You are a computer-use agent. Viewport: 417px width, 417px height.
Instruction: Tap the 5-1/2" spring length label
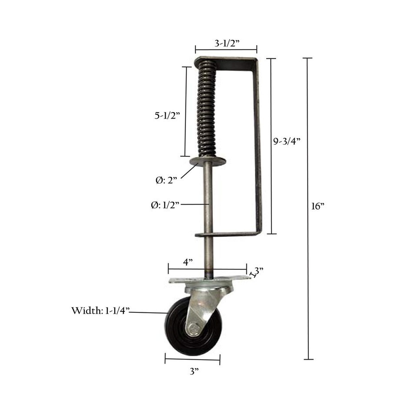pyautogui.click(x=168, y=116)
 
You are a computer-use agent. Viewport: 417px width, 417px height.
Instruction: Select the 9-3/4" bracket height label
pyautogui.click(x=287, y=141)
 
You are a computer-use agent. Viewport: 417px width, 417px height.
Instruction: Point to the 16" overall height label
pyautogui.click(x=318, y=206)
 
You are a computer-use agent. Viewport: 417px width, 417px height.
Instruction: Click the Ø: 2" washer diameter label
pyautogui.click(x=166, y=180)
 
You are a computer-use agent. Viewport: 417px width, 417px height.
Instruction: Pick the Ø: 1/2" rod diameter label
pyautogui.click(x=165, y=205)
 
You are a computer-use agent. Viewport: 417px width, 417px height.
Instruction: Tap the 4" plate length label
pyautogui.click(x=188, y=262)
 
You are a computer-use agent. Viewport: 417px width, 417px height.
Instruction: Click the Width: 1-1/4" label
pyautogui.click(x=100, y=310)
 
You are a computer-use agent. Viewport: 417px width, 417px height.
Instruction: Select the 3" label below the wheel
pyautogui.click(x=195, y=371)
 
